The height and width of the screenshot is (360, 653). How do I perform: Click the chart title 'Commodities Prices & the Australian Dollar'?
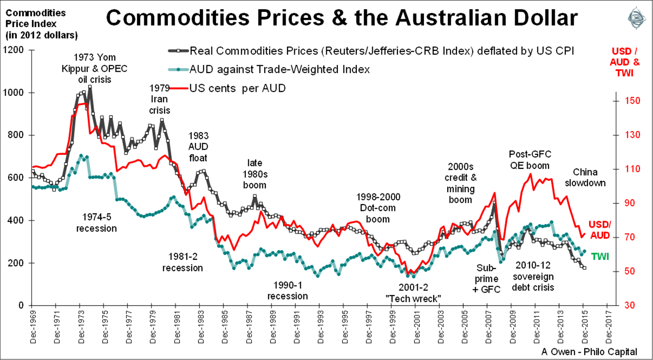[x=341, y=18]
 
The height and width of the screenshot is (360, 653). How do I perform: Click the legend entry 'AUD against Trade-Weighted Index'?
[x=280, y=69]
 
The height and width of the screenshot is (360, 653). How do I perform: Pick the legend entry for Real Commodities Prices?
[x=381, y=50]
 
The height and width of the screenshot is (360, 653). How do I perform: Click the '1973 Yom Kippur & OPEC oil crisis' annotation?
[x=95, y=68]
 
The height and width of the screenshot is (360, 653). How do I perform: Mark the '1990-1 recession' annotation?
[x=288, y=290]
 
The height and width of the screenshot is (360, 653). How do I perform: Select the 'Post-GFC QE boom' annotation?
[x=530, y=160]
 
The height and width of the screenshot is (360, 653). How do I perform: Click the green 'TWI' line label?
[x=599, y=256]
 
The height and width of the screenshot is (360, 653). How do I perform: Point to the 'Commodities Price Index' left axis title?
[x=41, y=23]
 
